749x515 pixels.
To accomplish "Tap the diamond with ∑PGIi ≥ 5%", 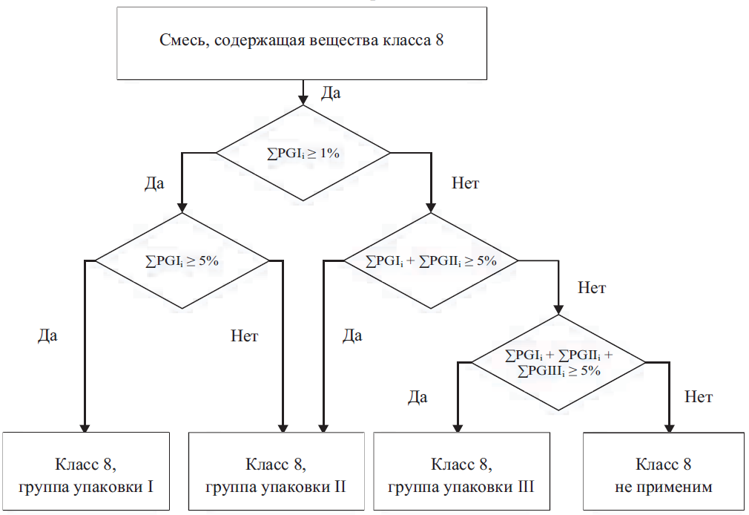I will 182,260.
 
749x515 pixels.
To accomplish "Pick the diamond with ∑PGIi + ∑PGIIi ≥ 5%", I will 431,261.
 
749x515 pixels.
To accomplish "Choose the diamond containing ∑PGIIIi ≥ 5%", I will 560,362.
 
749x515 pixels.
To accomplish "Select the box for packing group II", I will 276,470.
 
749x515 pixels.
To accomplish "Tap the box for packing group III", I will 461,470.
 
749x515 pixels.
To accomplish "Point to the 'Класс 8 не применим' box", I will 663,470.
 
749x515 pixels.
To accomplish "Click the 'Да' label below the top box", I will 331,93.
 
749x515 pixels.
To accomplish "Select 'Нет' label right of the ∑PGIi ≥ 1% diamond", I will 465,183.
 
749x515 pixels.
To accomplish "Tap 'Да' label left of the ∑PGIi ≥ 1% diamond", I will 154,183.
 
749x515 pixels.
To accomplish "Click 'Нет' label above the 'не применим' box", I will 699,397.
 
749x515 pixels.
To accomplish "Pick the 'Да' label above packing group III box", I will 418,397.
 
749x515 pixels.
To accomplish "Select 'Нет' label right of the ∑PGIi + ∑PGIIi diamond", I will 591,288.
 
